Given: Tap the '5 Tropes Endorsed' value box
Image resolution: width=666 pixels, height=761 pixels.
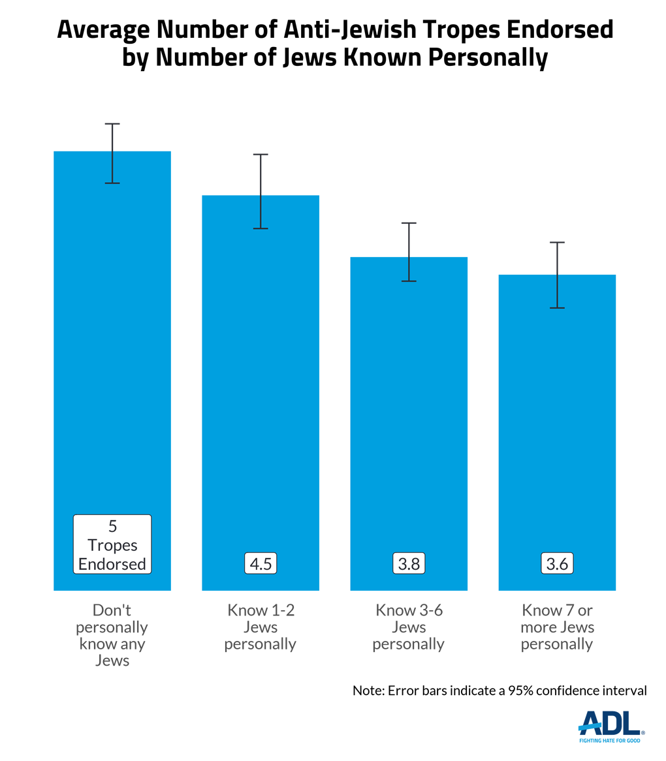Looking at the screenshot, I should coord(112,544).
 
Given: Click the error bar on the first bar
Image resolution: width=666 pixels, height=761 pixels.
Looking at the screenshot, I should coord(112,153).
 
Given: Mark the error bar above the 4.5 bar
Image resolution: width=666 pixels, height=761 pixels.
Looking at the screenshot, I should coord(261,191).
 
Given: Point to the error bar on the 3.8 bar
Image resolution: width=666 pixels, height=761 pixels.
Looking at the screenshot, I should coord(409,252).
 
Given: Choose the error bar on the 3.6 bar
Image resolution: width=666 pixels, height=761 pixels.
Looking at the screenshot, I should coord(557,275).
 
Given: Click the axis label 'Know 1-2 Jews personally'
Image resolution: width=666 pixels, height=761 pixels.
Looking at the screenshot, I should coord(261,628).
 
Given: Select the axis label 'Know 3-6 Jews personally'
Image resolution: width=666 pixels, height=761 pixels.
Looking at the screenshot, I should coord(409,628).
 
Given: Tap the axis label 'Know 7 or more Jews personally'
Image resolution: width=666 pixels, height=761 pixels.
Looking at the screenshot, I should coord(557,628).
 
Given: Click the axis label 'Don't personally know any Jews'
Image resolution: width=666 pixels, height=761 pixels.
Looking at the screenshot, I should coord(112,636).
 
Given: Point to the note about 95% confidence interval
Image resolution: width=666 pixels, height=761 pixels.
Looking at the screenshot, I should coord(499,691).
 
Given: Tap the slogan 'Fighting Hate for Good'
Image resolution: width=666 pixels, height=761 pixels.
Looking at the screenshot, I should coord(610,740).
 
